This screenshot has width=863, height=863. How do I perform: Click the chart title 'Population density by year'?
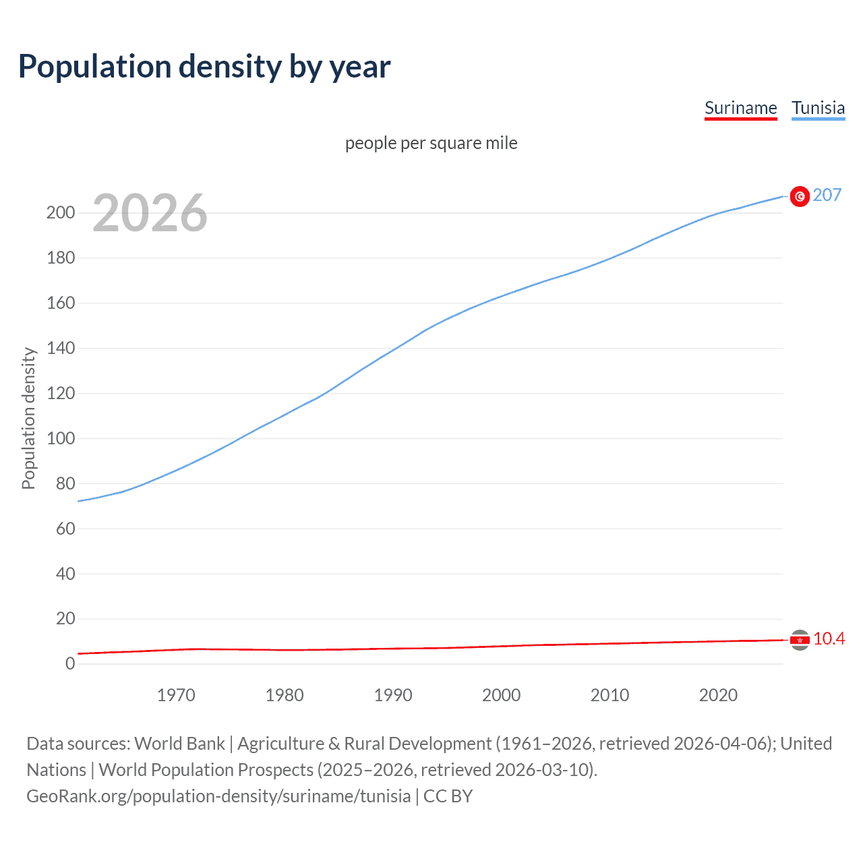coord(204,67)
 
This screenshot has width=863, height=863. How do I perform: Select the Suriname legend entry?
coord(740,108)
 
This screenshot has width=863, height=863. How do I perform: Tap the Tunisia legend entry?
coord(818,108)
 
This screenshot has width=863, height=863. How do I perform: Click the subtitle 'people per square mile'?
coord(431,143)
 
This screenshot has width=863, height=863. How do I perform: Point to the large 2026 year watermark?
coord(150,213)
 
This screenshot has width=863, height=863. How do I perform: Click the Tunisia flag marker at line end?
coord(800,196)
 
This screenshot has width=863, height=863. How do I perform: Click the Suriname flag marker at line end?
coord(800,640)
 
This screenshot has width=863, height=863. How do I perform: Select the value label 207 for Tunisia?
coord(827,195)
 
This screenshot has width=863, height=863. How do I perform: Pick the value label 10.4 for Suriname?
coord(829,638)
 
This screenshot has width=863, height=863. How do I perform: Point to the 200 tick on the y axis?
coord(61,213)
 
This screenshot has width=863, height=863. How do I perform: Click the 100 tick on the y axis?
coord(61,438)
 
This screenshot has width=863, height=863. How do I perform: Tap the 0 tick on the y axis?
coord(70,663)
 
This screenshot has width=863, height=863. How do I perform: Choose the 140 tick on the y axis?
coord(61,349)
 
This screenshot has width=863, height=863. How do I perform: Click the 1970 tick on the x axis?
coord(176,695)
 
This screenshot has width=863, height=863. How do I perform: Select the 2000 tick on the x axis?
coord(501,695)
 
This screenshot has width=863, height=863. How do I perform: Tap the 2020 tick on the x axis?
coord(718,695)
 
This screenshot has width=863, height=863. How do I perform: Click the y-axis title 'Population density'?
coord(28,418)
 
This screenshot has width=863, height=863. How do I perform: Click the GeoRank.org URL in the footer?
coord(218,796)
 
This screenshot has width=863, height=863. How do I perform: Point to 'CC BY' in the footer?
coord(448,796)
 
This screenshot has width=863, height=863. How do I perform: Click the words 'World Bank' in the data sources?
coord(179,744)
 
